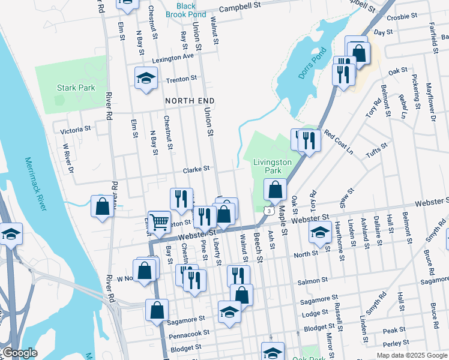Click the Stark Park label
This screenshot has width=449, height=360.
(76, 88)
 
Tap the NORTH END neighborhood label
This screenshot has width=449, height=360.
(190, 100)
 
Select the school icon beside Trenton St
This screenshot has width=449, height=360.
(146, 79)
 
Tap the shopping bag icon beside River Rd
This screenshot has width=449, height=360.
(103, 206)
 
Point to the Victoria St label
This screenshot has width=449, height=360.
(75, 128)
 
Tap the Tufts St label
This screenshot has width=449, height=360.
(376, 153)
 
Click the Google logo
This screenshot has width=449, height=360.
(20, 353)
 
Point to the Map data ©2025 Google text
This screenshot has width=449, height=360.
(411, 355)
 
